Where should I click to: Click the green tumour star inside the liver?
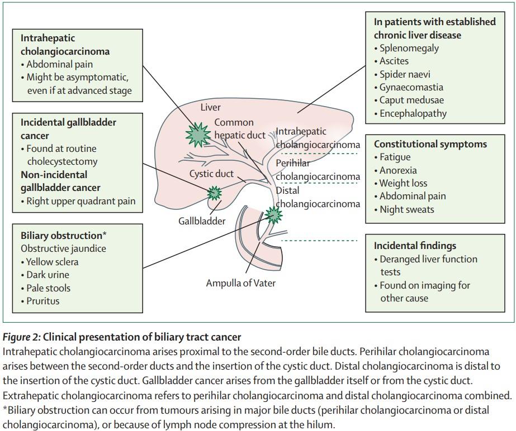198,135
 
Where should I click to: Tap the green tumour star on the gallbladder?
214,193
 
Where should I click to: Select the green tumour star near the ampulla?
273,215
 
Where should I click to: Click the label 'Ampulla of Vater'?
240,283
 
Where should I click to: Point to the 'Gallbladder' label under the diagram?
202,221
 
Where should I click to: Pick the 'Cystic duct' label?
211,174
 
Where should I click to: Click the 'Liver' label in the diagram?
211,107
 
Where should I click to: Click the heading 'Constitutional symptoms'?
430,144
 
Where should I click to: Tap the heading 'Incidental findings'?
415,246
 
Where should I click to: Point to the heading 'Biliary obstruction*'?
64,236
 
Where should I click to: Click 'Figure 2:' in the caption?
22,337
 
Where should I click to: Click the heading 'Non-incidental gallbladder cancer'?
60,181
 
